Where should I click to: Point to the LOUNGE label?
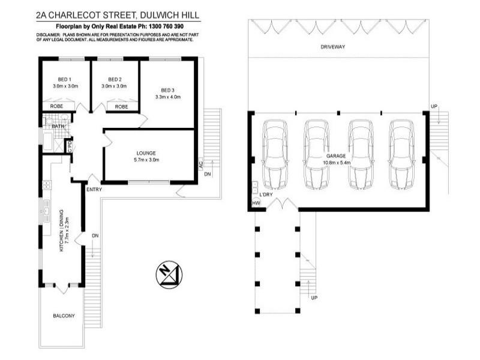coord(147,153)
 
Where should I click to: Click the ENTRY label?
coord(94,190)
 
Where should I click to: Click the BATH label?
coord(58,127)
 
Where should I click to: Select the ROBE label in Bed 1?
coord(57,107)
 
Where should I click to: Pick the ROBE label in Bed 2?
coord(121,107)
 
